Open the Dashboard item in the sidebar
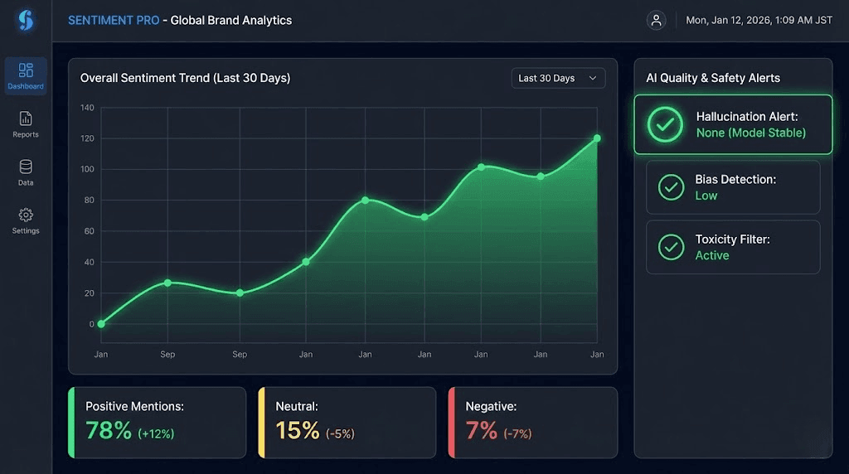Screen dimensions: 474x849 pos(26,75)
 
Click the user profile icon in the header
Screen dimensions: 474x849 pos(657,21)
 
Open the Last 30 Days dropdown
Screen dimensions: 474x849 pos(558,78)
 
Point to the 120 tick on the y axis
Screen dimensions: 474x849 pos(87,138)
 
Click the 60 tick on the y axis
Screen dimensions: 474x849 pos(88,231)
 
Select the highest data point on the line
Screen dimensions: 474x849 pos(597,138)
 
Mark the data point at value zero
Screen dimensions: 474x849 pos(101,324)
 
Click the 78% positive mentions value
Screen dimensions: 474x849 pos(109,431)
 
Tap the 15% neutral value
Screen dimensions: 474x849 pos(298,431)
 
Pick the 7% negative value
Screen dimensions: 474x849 pos(482,431)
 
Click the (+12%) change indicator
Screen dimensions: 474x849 pos(156,433)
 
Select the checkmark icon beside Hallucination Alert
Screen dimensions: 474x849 pos(666,124)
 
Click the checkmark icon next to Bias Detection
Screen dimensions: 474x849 pos(671,187)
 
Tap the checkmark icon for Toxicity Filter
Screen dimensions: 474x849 pos(671,247)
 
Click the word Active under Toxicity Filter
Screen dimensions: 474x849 pos(712,255)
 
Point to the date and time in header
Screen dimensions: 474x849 pos(757,21)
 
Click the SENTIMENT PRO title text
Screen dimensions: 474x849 pos(114,21)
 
